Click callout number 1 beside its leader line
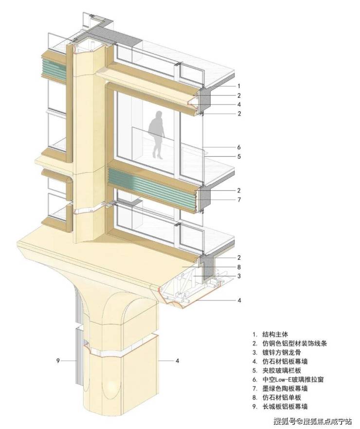coord(239,86)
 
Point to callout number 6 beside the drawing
coord(239,147)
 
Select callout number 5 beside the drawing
coord(239,157)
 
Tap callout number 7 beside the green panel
coord(239,199)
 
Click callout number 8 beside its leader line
coord(239,267)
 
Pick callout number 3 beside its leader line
coord(239,276)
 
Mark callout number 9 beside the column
coord(57,360)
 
